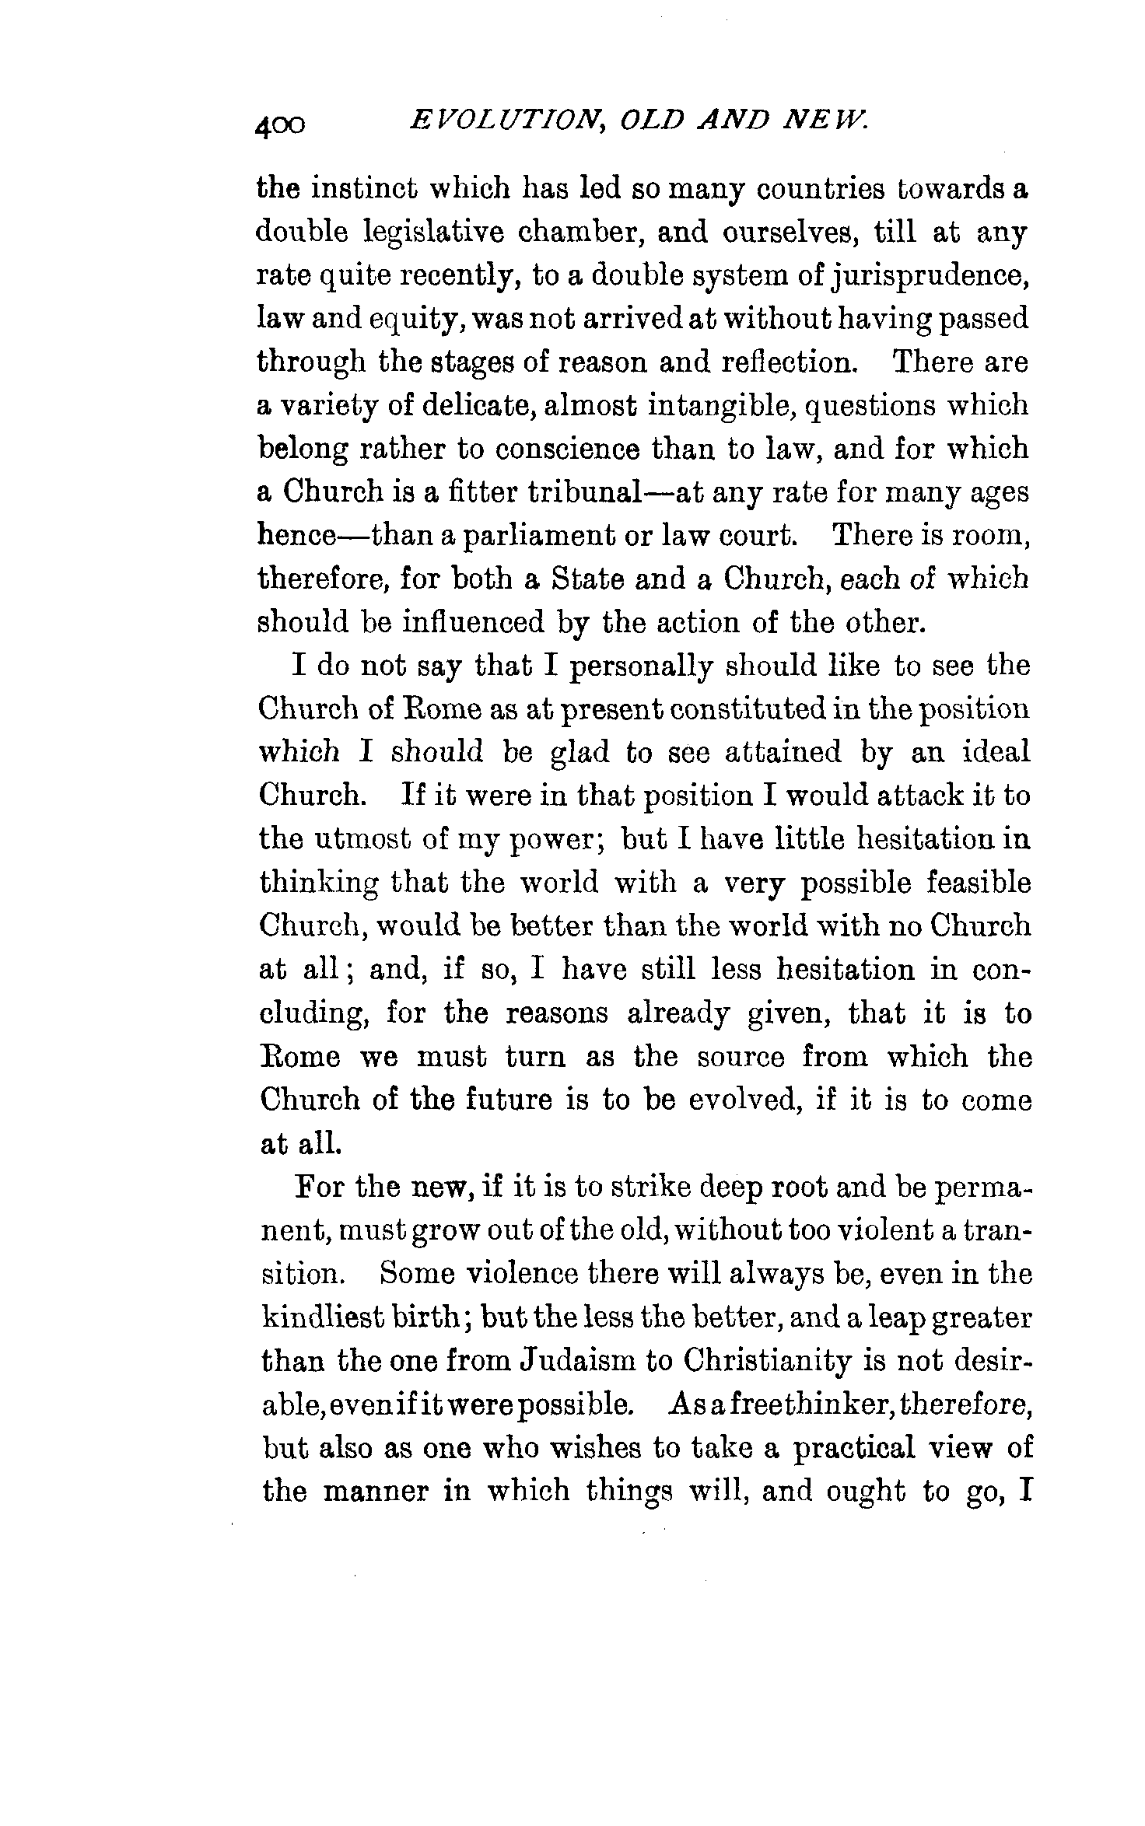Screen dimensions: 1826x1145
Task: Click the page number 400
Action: tap(280, 124)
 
